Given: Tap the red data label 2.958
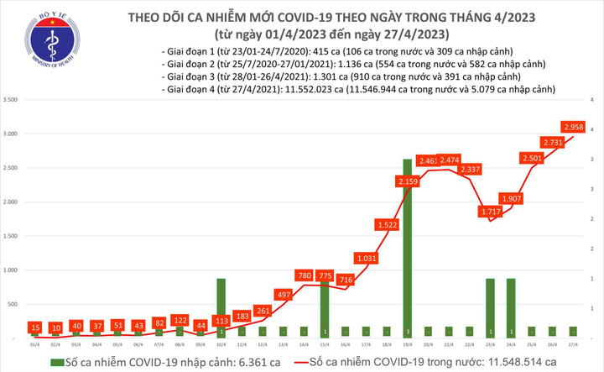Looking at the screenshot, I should (574, 128).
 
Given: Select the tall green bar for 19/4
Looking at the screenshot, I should (407, 248).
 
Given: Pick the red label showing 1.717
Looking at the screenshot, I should (489, 209).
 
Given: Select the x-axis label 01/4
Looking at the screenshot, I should (34, 345).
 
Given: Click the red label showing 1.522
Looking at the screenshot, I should (387, 225).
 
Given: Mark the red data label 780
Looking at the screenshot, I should (305, 275).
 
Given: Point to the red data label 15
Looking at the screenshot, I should (34, 327).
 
